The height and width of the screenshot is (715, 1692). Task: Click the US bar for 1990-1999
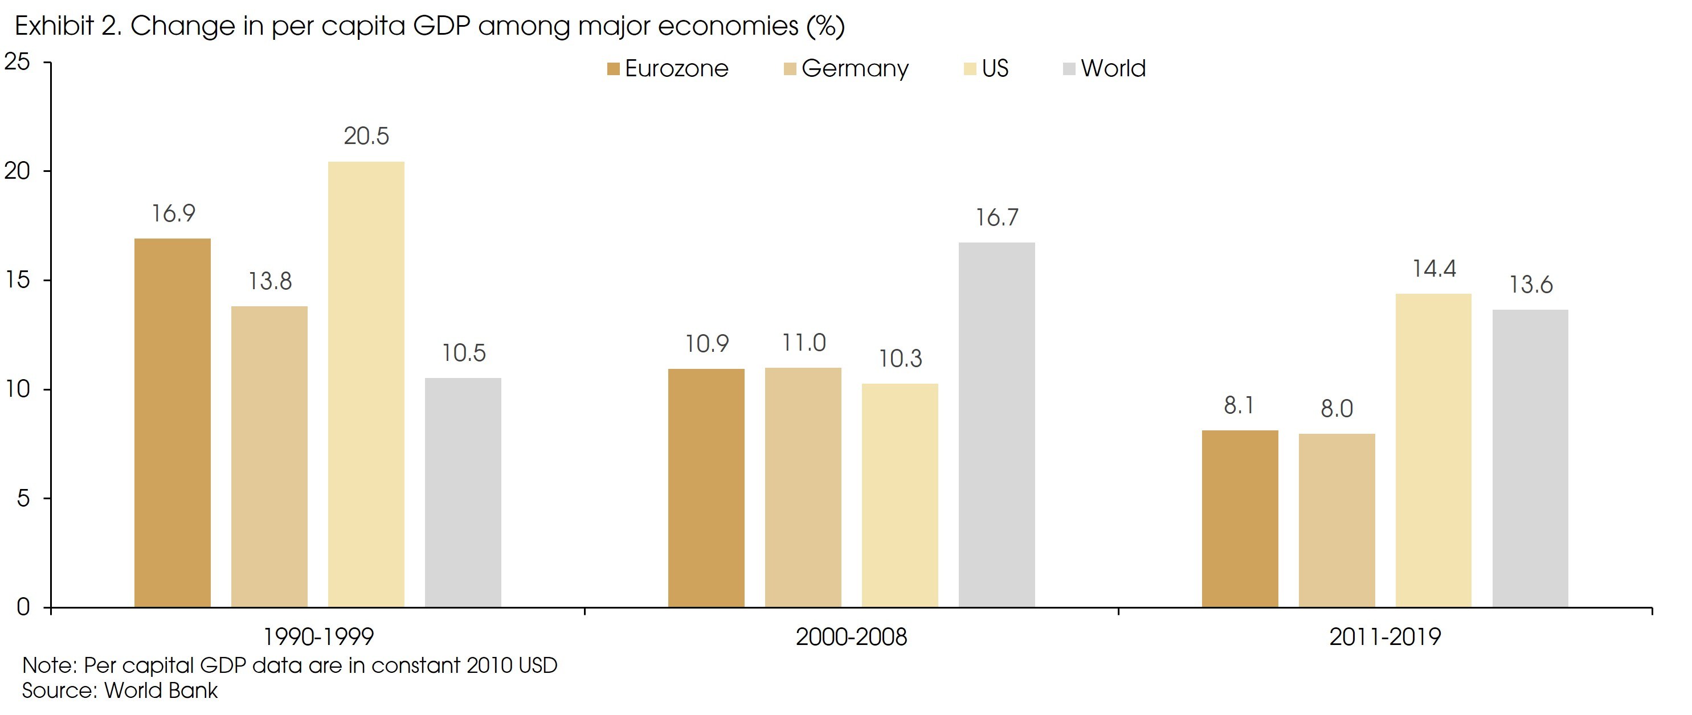pos(366,384)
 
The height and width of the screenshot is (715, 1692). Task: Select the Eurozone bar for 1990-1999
pos(172,423)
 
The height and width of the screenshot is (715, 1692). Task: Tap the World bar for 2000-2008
pos(996,425)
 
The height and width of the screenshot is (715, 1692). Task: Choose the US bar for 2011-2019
pos(1433,450)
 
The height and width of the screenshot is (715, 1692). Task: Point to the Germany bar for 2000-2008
pos(803,487)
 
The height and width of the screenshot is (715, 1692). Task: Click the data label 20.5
pos(366,136)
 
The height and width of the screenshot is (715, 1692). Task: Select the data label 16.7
pos(996,217)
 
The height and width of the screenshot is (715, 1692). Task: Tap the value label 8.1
pos(1239,405)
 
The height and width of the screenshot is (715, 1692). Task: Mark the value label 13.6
pos(1530,284)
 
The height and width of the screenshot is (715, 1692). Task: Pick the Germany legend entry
pos(846,68)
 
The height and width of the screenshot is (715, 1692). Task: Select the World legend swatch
pos(1069,69)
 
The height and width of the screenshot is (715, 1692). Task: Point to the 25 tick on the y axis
pos(18,61)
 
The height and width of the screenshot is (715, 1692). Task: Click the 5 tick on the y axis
pos(23,498)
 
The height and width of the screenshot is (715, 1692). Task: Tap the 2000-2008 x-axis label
pos(851,636)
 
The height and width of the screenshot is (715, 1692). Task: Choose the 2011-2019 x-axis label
pos(1384,636)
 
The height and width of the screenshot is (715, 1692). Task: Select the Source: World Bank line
pos(120,691)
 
